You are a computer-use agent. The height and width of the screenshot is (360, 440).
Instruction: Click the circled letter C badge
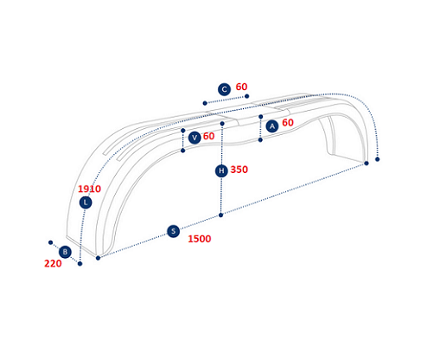coord(224,89)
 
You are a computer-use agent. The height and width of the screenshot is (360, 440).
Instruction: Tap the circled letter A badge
coord(272,126)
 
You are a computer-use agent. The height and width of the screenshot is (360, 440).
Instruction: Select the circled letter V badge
coord(194,138)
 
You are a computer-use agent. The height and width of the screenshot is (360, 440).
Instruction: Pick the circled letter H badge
coord(221,170)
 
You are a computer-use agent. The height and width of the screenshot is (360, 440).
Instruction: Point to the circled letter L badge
coord(86,202)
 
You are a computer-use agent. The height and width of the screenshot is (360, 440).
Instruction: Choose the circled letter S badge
coord(173,231)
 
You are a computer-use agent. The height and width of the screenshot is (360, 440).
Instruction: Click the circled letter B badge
coord(65,252)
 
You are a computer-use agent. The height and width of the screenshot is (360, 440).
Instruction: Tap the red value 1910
coord(89,189)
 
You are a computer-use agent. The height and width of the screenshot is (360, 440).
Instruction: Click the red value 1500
coord(200,239)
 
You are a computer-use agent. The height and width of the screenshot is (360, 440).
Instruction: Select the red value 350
coord(239,170)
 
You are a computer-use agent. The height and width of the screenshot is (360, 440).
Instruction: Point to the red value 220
coord(53,263)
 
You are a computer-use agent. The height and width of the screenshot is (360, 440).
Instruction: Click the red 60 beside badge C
coord(241,87)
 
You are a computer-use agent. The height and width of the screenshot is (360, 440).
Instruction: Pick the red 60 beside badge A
coord(288,123)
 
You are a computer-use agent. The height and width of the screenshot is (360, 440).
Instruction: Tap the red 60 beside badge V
coord(208,136)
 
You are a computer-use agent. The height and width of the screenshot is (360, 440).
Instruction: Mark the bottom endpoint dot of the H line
coord(220,215)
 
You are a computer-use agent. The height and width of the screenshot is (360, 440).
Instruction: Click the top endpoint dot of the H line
coord(222,124)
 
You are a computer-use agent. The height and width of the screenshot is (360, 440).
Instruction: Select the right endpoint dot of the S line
coord(367,164)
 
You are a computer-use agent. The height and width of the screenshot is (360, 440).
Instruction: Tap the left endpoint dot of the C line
coord(205,103)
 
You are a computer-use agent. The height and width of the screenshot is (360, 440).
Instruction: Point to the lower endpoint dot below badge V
coord(182,151)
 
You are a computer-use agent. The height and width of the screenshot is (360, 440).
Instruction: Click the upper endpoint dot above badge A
coord(260,117)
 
